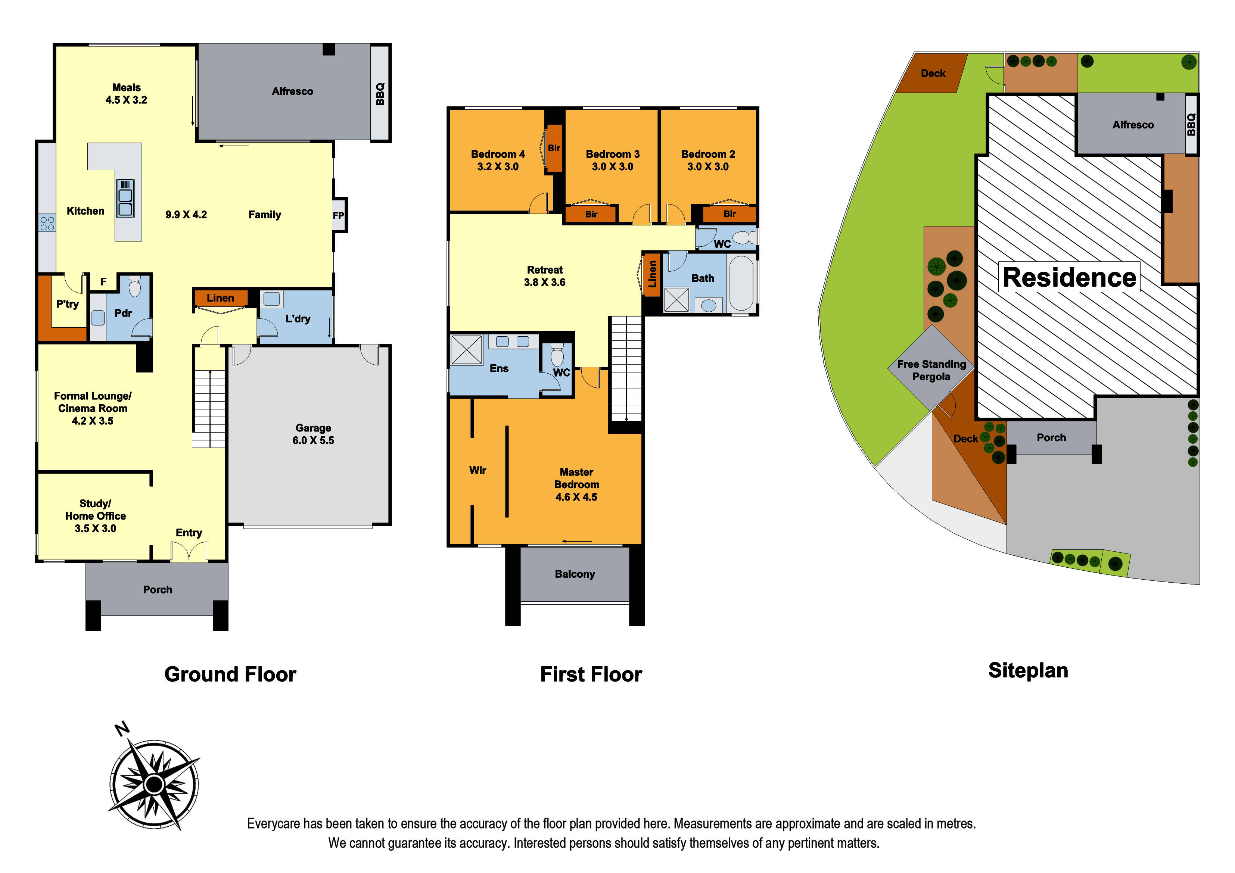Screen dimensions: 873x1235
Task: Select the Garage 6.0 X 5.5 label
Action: click(313, 434)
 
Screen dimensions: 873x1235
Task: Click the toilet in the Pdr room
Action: click(134, 287)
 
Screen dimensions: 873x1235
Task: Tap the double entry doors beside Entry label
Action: click(189, 552)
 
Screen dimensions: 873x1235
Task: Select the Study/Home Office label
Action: click(95, 516)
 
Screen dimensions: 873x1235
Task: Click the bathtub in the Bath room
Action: click(741, 283)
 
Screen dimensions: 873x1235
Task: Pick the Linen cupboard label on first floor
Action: click(652, 274)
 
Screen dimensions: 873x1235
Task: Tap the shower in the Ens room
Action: click(466, 350)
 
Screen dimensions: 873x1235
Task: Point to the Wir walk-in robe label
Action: click(477, 470)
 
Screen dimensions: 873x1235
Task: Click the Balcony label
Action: click(575, 574)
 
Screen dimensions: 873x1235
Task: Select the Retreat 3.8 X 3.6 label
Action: click(544, 276)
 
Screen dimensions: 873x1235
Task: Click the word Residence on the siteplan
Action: click(1069, 278)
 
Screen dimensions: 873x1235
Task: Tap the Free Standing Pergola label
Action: click(931, 370)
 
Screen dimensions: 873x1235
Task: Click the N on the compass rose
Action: click(122, 729)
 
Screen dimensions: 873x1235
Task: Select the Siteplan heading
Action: click(1028, 670)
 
